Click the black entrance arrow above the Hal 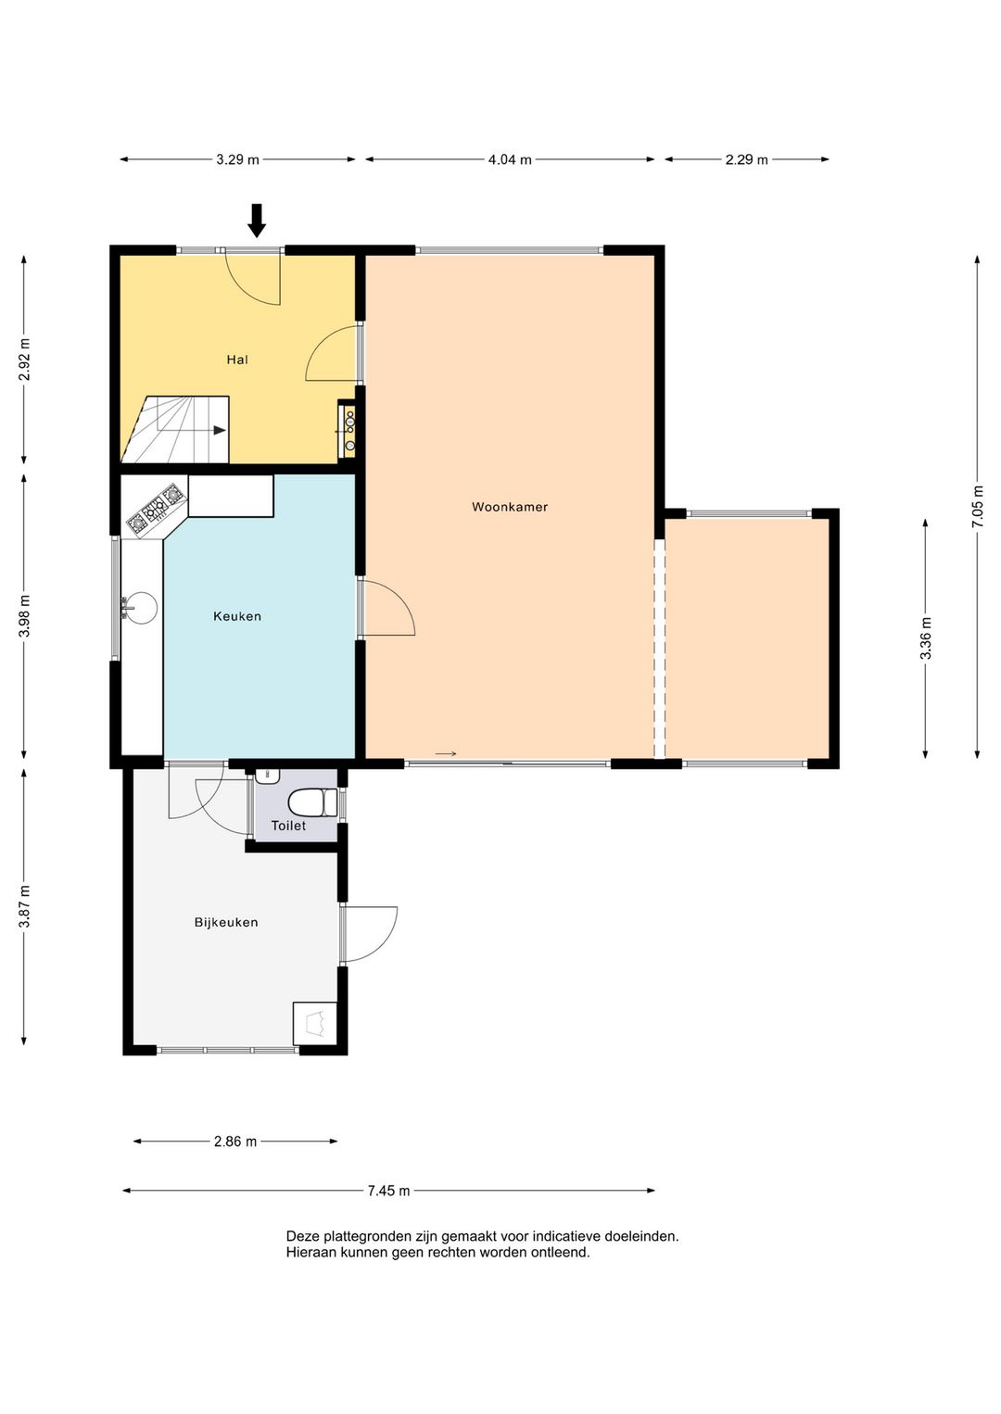pos(256,221)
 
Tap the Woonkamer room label pos(510,506)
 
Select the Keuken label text pos(237,616)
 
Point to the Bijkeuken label pos(226,922)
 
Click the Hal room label pos(237,360)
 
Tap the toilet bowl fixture pos(312,803)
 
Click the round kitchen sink pos(138,608)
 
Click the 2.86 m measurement pos(235,1142)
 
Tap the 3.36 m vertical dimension pos(926,638)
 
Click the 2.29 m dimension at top pos(746,159)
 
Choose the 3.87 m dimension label pos(24,906)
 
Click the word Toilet pos(288,826)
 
